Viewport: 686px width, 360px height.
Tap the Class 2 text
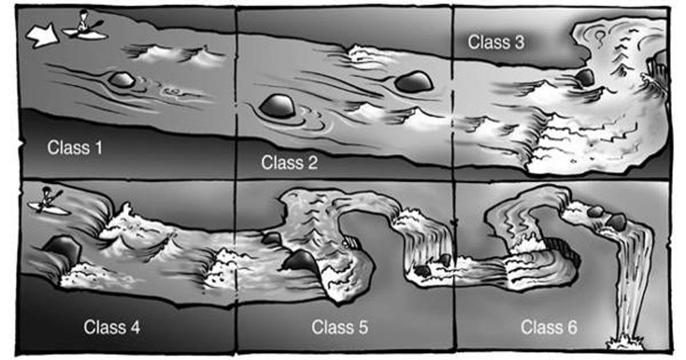click(x=289, y=162)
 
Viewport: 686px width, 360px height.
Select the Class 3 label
click(x=496, y=42)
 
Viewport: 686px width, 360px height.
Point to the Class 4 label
click(x=111, y=327)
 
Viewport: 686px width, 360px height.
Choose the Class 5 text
click(x=340, y=327)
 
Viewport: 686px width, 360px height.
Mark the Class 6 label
click(x=549, y=327)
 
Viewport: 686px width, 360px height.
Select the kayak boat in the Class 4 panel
click(x=49, y=209)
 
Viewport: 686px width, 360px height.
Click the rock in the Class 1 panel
click(x=122, y=80)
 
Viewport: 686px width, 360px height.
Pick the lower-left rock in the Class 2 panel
click(x=277, y=106)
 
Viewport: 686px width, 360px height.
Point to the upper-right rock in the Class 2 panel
click(x=414, y=82)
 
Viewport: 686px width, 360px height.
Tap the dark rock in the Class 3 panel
click(x=585, y=78)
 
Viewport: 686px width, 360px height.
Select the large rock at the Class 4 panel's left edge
click(x=62, y=250)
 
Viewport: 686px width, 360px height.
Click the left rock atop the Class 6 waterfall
click(x=595, y=211)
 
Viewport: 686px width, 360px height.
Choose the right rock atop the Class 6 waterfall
click(x=616, y=222)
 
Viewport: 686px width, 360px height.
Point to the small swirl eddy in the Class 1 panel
click(x=170, y=91)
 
